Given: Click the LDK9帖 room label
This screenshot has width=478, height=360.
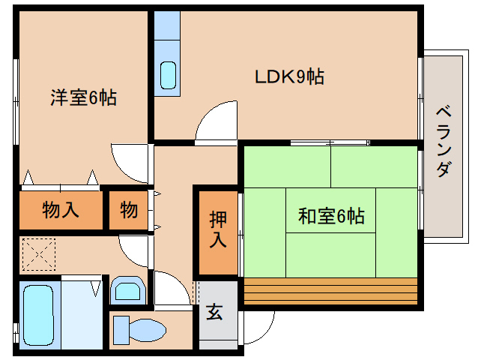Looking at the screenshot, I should pyautogui.click(x=289, y=76).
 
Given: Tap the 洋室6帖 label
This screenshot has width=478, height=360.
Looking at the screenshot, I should pyautogui.click(x=83, y=97).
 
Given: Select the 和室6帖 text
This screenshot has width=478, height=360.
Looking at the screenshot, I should pyautogui.click(x=331, y=217).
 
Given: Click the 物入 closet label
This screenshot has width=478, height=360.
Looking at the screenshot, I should pyautogui.click(x=60, y=210).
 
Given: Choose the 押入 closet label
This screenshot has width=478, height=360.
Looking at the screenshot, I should pyautogui.click(x=217, y=230).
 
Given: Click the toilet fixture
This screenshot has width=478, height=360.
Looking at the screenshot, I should pyautogui.click(x=139, y=328).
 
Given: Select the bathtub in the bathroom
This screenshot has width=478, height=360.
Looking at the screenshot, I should pyautogui.click(x=35, y=315).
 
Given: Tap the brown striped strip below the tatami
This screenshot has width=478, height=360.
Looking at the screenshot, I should pyautogui.click(x=330, y=288).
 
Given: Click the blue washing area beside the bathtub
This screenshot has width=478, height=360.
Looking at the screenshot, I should pyautogui.click(x=82, y=315).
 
